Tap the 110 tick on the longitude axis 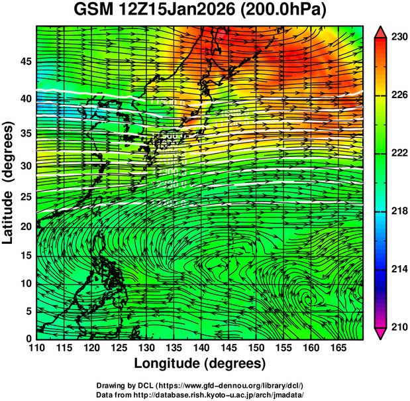tap(36, 349)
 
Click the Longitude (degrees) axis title tap(200, 364)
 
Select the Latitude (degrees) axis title tap(9, 182)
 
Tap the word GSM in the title tap(91, 11)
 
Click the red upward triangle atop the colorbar tap(381, 31)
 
